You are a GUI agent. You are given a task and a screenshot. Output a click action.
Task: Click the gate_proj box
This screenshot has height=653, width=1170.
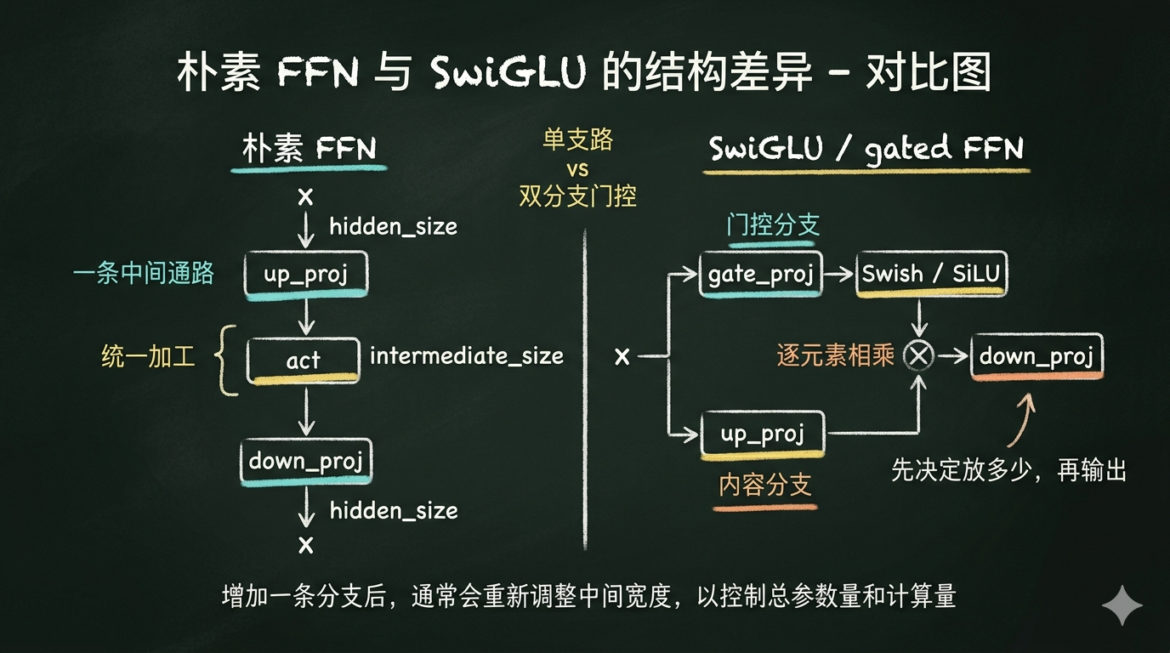(760, 274)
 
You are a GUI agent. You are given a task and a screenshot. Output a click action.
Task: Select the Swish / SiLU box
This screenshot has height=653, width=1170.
(930, 274)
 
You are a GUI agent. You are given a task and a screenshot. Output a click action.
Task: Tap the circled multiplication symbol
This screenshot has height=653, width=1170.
(918, 356)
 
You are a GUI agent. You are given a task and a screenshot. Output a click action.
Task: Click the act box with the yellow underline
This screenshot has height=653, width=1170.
(303, 361)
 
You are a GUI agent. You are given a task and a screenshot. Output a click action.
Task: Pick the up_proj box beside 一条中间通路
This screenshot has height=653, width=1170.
(305, 275)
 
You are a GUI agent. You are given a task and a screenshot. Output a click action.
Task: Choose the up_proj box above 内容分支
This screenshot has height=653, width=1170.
(762, 434)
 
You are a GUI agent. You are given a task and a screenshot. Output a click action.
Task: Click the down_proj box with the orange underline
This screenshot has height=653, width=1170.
(1036, 356)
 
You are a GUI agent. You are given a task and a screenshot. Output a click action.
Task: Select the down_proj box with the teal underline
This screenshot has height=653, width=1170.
(305, 461)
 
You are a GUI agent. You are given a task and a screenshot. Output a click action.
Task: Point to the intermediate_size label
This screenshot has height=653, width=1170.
(466, 355)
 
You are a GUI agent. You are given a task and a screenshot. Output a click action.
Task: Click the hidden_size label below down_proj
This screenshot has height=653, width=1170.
(394, 510)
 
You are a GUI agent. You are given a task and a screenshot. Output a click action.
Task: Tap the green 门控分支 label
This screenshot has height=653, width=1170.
(772, 224)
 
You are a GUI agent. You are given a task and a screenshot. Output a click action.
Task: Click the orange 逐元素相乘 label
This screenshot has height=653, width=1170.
(835, 356)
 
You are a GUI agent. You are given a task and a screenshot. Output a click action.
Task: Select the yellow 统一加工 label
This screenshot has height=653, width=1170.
(148, 357)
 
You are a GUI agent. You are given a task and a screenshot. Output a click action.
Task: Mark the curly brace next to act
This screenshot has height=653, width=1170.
(226, 360)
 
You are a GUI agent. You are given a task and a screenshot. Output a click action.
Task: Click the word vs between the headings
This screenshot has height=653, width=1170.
(577, 168)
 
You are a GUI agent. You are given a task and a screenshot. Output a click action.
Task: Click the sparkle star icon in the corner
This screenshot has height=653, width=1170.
(1122, 605)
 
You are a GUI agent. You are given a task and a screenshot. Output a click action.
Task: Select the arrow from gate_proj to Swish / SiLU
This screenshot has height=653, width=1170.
(839, 274)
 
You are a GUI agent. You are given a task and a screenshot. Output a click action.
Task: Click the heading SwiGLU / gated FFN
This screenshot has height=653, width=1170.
(866, 149)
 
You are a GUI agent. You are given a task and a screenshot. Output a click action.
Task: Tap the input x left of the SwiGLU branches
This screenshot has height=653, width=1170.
(622, 357)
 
